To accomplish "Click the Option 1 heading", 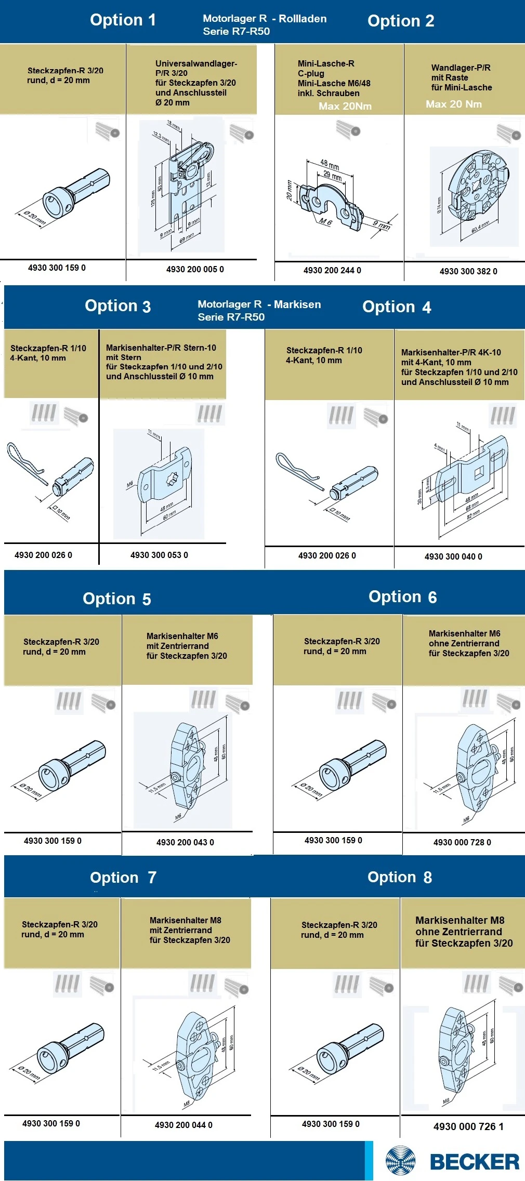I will [x=123, y=20].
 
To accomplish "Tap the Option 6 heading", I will [x=402, y=596].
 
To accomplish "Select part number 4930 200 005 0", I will [x=195, y=269].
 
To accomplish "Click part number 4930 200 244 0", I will [x=332, y=270].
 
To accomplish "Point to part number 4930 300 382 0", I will [x=468, y=271].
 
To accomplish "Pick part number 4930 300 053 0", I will [x=159, y=555].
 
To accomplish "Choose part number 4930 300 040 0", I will [x=453, y=556].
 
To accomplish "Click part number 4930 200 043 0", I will [x=185, y=842].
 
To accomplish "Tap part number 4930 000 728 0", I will [x=462, y=842].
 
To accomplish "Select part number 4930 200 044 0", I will [x=183, y=1125].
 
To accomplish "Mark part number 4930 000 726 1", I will [x=468, y=1126].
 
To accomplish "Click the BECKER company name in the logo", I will [x=474, y=1162].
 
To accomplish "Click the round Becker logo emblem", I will [x=401, y=1161].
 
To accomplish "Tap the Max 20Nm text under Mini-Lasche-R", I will [x=345, y=106].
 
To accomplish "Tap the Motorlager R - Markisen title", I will [x=259, y=310].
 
